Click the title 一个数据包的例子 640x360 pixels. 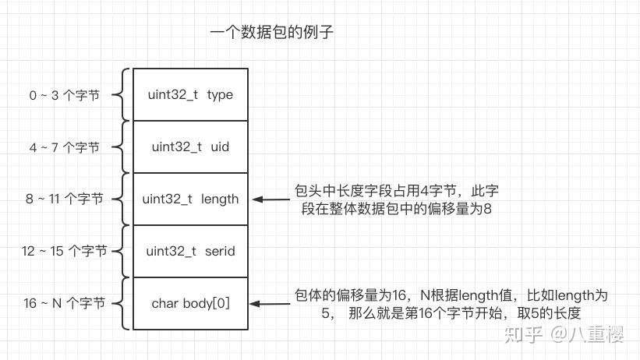[272, 33]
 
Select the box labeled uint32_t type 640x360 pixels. [190, 94]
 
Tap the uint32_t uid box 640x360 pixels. [190, 146]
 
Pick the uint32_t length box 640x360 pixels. [190, 199]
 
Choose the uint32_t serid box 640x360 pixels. [190, 251]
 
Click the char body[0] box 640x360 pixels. [190, 303]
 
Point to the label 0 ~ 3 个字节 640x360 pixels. [65, 95]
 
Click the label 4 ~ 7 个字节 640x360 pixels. [65, 147]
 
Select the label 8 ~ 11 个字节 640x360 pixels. [64, 199]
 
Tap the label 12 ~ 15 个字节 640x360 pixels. [64, 252]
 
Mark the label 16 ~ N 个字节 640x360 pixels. [64, 304]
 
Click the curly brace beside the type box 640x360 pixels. [120, 95]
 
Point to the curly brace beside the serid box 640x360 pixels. [120, 252]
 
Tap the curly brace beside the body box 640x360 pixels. [120, 304]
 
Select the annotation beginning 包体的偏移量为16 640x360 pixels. [450, 304]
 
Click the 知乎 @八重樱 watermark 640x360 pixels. [564, 334]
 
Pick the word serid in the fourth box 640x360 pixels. [220, 251]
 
